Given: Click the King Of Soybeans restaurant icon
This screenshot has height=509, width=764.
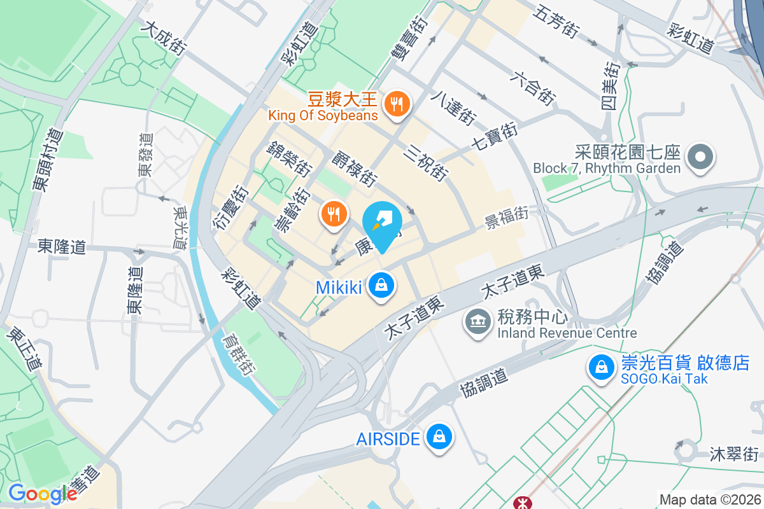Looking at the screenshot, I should pyautogui.click(x=398, y=103).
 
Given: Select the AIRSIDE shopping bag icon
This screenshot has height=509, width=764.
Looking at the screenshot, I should pyautogui.click(x=439, y=437).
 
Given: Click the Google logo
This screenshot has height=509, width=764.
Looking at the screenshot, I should pyautogui.click(x=43, y=494).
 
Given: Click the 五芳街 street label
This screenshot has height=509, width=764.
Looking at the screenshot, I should pyautogui.click(x=556, y=21).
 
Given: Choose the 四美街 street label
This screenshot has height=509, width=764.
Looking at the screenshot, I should pyautogui.click(x=612, y=87).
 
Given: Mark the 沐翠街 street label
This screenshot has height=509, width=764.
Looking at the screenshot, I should pyautogui.click(x=735, y=454).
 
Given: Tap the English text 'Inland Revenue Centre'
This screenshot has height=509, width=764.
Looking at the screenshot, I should pyautogui.click(x=567, y=333).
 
